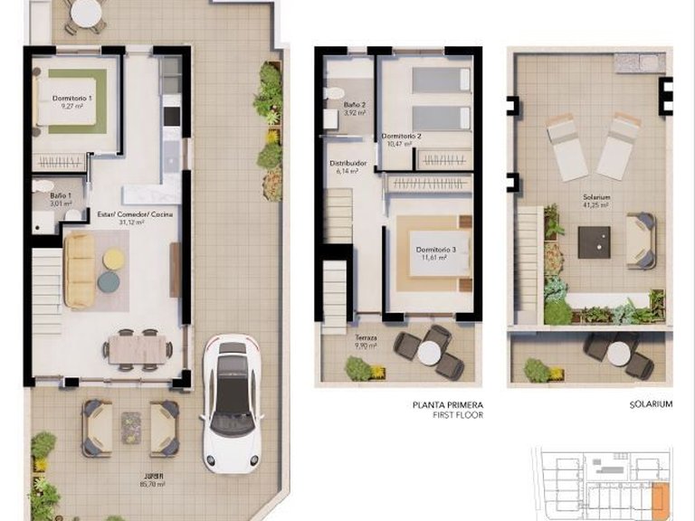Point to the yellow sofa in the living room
point(79,270)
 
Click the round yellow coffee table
point(114,260)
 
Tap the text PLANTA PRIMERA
point(448,405)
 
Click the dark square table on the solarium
point(594,242)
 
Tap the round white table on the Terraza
point(430,352)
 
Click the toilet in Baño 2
point(335,91)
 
